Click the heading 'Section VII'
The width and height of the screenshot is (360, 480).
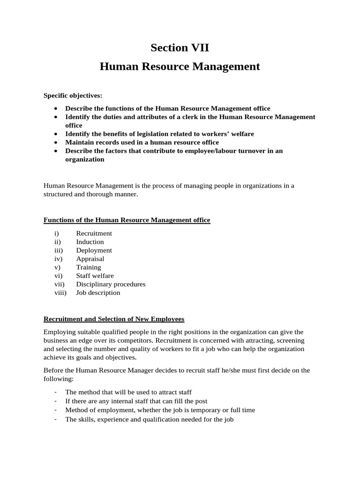pyautogui.click(x=180, y=47)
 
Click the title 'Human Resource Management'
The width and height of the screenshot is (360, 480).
pyautogui.click(x=180, y=67)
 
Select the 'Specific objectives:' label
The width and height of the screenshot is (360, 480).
pyautogui.click(x=73, y=96)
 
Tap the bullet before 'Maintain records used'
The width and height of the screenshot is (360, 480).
pyautogui.click(x=56, y=142)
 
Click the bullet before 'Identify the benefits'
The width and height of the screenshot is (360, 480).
pyautogui.click(x=56, y=134)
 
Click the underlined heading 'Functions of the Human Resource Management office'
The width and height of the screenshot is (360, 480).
pyautogui.click(x=127, y=220)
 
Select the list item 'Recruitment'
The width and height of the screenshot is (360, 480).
pyautogui.click(x=94, y=233)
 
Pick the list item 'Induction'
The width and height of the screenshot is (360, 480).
pyautogui.click(x=90, y=242)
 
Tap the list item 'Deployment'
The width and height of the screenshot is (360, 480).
pyautogui.click(x=94, y=250)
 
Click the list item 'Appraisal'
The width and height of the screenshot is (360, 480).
pyautogui.click(x=90, y=259)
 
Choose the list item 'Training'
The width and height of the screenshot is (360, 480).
pyautogui.click(x=89, y=267)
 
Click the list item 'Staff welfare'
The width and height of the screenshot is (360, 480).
pyautogui.click(x=95, y=276)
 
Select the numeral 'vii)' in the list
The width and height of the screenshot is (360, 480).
pyautogui.click(x=59, y=284)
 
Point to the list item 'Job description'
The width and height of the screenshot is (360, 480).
pyautogui.click(x=98, y=292)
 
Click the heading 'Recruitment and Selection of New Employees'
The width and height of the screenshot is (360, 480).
pyautogui.click(x=114, y=319)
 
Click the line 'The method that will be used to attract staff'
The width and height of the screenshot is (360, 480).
pyautogui.click(x=128, y=392)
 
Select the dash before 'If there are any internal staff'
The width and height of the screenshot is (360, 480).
pyautogui.click(x=56, y=401)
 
